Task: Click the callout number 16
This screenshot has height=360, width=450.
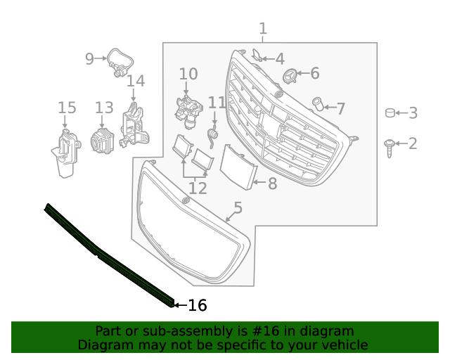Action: [x=198, y=305]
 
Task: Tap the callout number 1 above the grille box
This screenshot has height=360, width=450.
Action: [x=262, y=29]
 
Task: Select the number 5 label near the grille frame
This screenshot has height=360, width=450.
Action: [x=238, y=207]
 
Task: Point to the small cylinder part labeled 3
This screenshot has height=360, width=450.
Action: [x=390, y=112]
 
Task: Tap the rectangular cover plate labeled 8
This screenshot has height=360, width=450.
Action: [x=236, y=167]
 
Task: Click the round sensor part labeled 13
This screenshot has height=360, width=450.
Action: [x=103, y=138]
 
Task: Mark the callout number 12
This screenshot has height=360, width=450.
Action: [x=198, y=188]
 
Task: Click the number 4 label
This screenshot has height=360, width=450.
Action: [x=279, y=60]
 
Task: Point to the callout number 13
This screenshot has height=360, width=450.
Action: [x=104, y=108]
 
